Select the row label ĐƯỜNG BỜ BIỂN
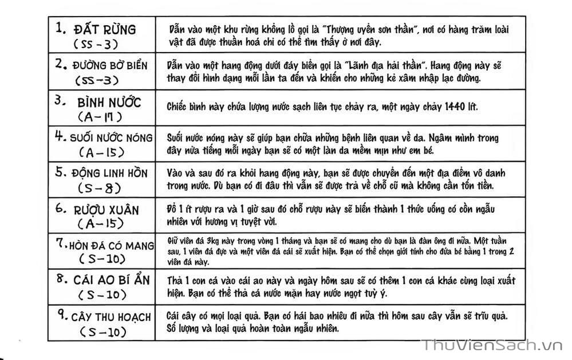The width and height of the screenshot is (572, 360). [x=109, y=65]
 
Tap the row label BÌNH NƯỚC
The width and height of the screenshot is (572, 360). [x=109, y=102]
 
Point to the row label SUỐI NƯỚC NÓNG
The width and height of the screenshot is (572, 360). [x=111, y=138]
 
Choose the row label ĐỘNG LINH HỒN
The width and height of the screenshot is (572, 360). [x=109, y=173]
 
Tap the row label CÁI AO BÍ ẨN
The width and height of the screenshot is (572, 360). [x=111, y=280]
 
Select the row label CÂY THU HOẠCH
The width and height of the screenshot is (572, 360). [x=111, y=317]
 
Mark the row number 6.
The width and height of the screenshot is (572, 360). [x=61, y=208]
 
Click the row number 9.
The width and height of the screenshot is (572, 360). [x=61, y=315]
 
